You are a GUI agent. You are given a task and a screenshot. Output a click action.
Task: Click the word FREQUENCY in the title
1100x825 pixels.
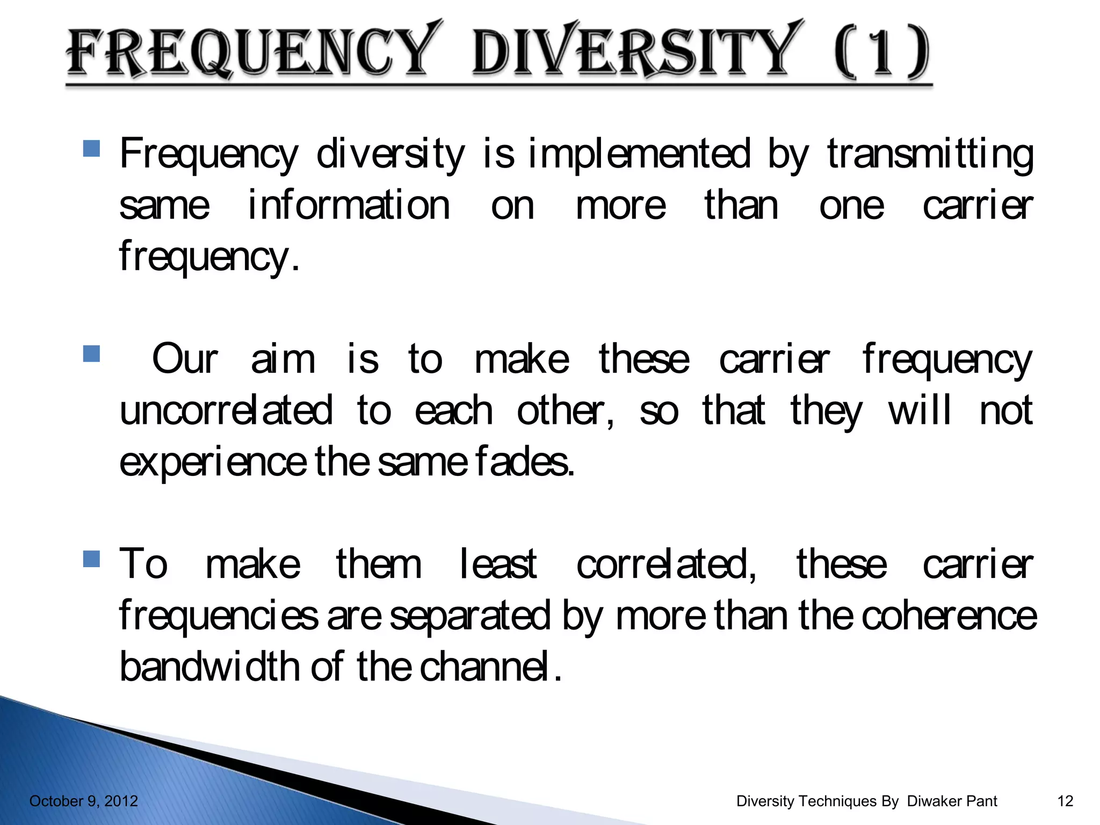(x=249, y=53)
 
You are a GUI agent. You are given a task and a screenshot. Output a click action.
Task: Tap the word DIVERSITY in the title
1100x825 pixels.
(x=634, y=53)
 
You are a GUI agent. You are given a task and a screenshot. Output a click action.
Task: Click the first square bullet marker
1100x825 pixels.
(x=92, y=148)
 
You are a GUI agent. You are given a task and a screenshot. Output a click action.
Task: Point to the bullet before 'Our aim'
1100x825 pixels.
(x=92, y=354)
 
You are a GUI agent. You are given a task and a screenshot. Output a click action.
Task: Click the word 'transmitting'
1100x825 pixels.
(x=930, y=154)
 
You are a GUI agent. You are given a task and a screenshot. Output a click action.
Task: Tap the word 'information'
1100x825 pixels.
(x=349, y=205)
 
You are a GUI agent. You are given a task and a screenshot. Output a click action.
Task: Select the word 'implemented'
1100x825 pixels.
(x=639, y=154)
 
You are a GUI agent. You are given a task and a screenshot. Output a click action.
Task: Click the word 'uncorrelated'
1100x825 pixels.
(x=226, y=411)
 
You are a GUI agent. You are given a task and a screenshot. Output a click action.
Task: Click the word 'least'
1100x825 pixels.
(x=498, y=564)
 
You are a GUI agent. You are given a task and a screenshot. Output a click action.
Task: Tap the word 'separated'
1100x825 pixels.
(x=470, y=616)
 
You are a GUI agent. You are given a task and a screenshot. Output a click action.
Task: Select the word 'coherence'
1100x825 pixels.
(x=949, y=616)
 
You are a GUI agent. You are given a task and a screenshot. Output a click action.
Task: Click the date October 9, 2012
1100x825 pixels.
(x=83, y=801)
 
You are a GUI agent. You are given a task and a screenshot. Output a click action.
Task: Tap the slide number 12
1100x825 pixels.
(x=1065, y=801)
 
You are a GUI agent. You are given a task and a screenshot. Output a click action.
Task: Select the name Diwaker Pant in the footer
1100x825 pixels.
(x=952, y=801)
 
